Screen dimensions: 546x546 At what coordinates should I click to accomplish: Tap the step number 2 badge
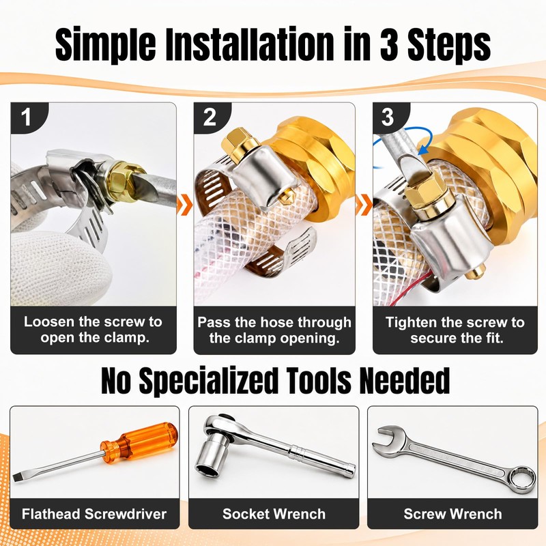(x=210, y=117)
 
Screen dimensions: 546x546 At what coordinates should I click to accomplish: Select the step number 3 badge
(x=388, y=117)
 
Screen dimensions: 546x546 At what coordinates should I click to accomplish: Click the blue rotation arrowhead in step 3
(x=422, y=149)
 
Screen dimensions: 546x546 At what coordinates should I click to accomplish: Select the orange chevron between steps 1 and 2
(x=185, y=205)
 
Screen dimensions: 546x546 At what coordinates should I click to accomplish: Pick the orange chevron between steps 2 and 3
(x=364, y=205)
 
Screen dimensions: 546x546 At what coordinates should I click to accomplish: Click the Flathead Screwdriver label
(x=94, y=514)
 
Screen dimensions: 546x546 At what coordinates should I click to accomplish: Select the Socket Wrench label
(x=274, y=514)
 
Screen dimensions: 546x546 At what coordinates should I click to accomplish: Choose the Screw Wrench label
(x=452, y=514)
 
